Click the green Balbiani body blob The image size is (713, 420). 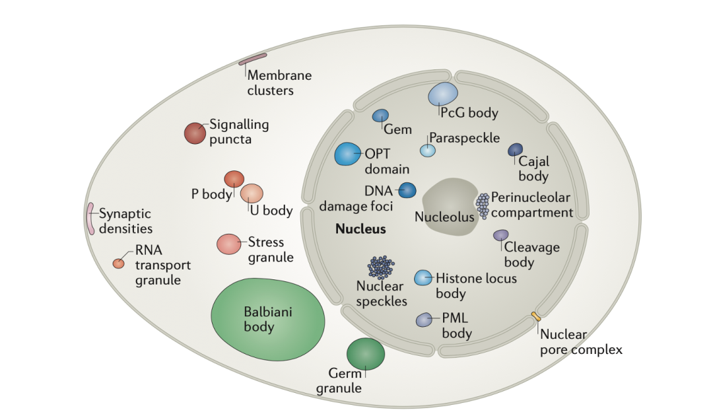pyautogui.click(x=268, y=320)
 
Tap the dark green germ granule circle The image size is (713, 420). pyautogui.click(x=366, y=353)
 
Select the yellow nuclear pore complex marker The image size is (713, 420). pyautogui.click(x=536, y=316)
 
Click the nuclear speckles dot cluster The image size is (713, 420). pyautogui.click(x=381, y=267)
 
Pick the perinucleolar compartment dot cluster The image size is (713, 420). pyautogui.click(x=483, y=205)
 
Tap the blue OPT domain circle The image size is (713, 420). pyautogui.click(x=348, y=154)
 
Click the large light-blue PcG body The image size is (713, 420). pyautogui.click(x=443, y=94)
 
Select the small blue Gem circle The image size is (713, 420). pyautogui.click(x=381, y=116)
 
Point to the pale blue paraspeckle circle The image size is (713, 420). pyautogui.click(x=427, y=150)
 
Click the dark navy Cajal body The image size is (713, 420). pyautogui.click(x=515, y=149)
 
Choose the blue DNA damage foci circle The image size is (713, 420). pyautogui.click(x=407, y=190)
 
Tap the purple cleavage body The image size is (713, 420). pyautogui.click(x=500, y=235)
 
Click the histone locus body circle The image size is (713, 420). pyautogui.click(x=423, y=277)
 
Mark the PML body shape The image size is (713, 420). pyautogui.click(x=424, y=320)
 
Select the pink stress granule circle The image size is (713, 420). pyautogui.click(x=228, y=244)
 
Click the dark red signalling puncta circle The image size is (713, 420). pyautogui.click(x=195, y=133)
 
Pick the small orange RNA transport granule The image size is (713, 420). pyautogui.click(x=119, y=263)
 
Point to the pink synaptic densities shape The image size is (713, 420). pyautogui.click(x=90, y=219)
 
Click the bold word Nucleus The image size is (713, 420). pyautogui.click(x=360, y=228)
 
